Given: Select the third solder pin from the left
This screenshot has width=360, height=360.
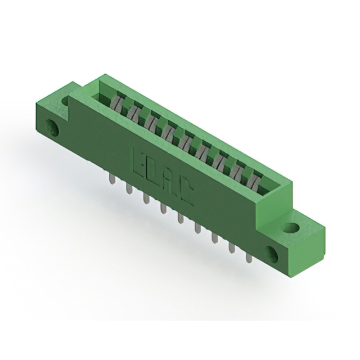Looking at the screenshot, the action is (x=146, y=198).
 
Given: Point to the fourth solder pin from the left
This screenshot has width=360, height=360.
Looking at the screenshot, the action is (x=163, y=208).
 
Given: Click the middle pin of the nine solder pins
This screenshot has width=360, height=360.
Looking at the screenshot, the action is (x=180, y=218).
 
